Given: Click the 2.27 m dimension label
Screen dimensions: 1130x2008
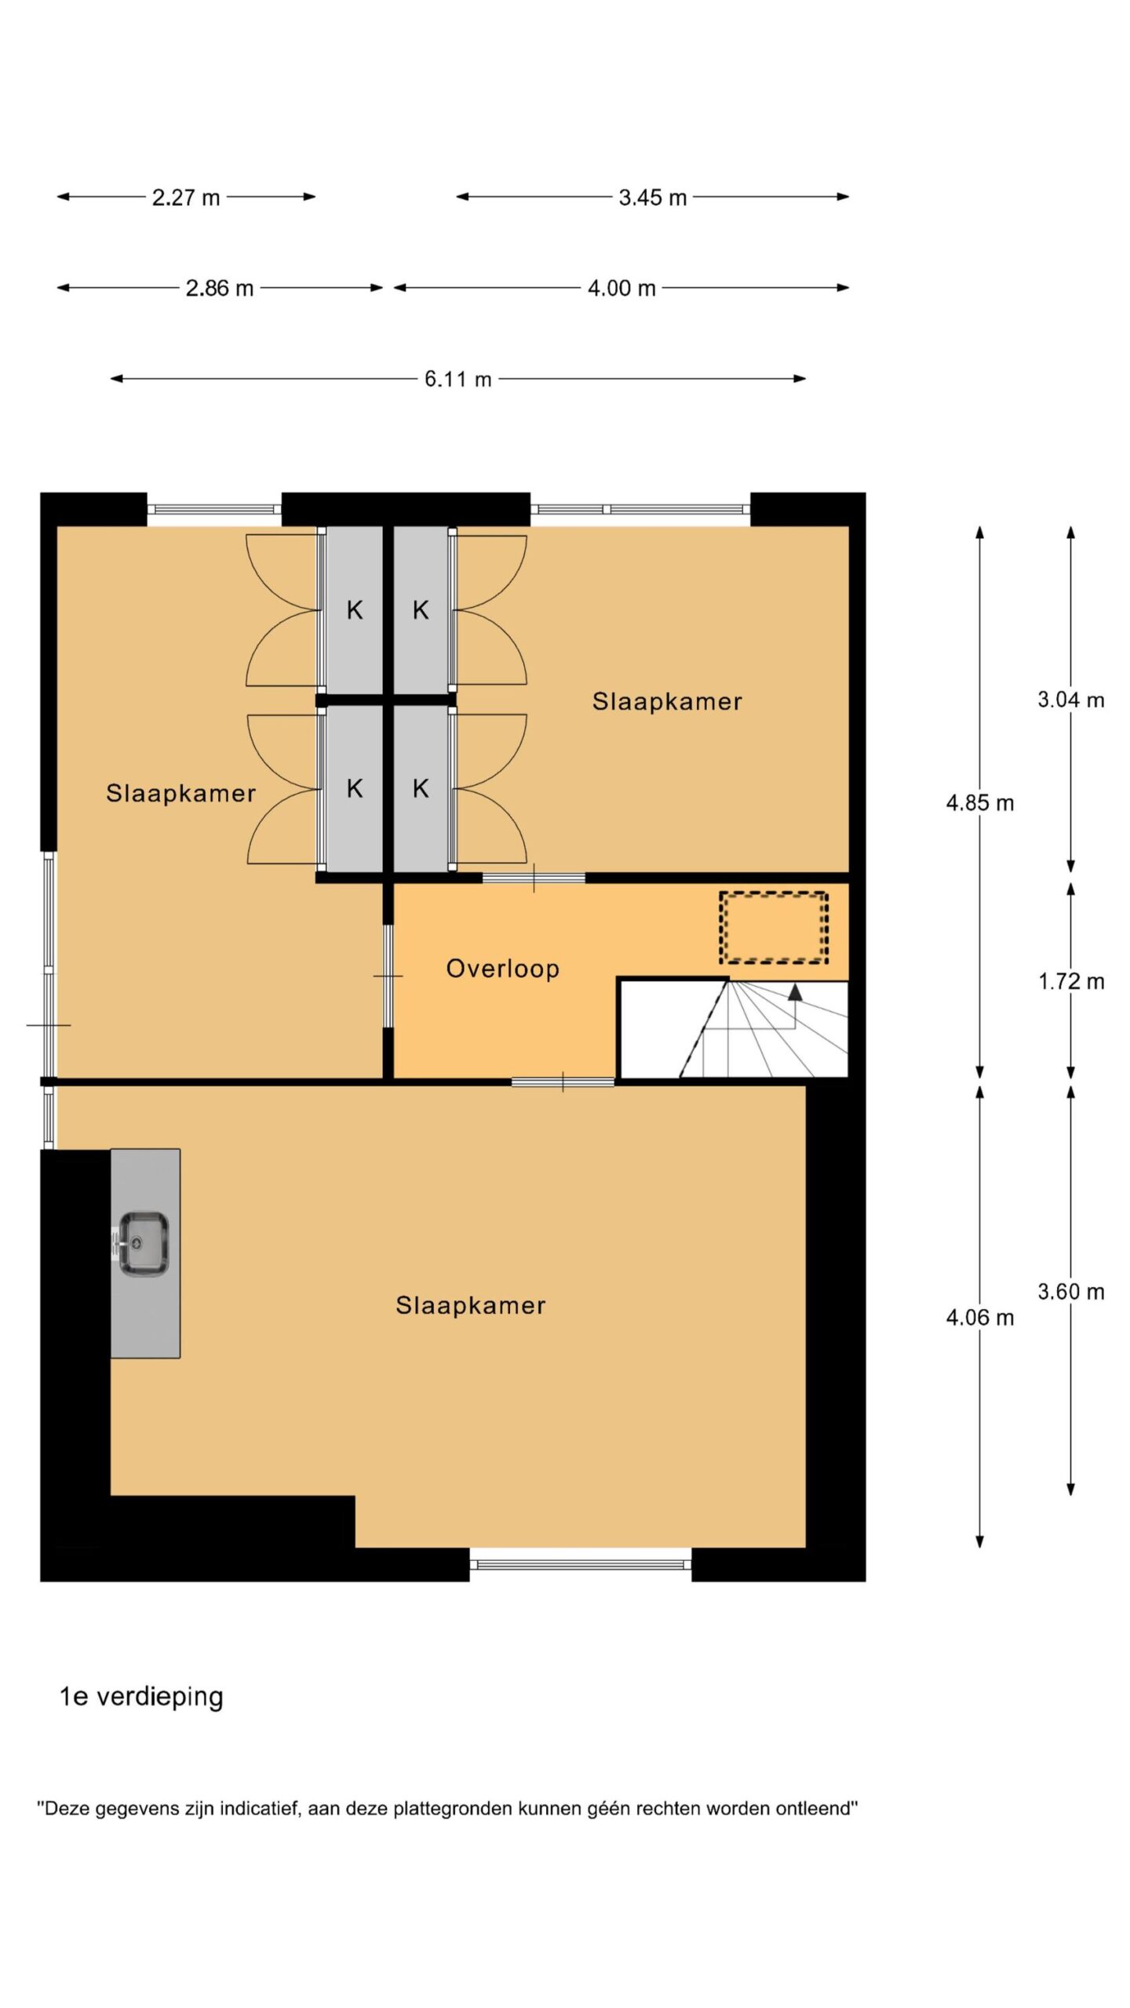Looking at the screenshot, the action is (x=186, y=198).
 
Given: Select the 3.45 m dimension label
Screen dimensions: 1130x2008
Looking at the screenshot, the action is (x=652, y=198).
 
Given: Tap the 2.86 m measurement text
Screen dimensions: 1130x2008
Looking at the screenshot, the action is (x=220, y=289).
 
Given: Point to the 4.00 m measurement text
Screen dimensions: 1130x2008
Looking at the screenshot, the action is (x=621, y=289).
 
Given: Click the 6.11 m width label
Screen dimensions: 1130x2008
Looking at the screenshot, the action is (x=458, y=380).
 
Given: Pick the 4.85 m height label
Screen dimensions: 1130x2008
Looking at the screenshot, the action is (x=980, y=803).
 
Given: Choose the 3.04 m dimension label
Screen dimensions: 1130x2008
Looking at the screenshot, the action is (x=1071, y=700).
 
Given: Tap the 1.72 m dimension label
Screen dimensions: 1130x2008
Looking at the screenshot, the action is (x=1071, y=981).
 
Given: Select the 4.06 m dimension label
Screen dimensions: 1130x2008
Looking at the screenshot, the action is (x=980, y=1317).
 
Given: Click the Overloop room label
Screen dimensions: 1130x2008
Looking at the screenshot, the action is (x=503, y=969).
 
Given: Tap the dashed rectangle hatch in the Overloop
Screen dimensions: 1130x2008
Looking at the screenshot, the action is (x=774, y=927).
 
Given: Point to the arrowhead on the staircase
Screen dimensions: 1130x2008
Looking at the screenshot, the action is (x=795, y=991).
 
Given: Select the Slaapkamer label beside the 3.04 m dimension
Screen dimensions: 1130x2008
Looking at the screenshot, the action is (x=667, y=701).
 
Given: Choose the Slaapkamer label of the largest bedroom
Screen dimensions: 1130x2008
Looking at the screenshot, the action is (x=471, y=1305).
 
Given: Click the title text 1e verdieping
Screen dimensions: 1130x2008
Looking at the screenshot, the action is (x=142, y=1697).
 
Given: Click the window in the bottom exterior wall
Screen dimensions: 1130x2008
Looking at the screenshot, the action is (x=581, y=1564).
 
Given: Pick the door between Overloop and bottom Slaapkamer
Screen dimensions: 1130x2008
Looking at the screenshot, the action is (x=563, y=1082).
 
